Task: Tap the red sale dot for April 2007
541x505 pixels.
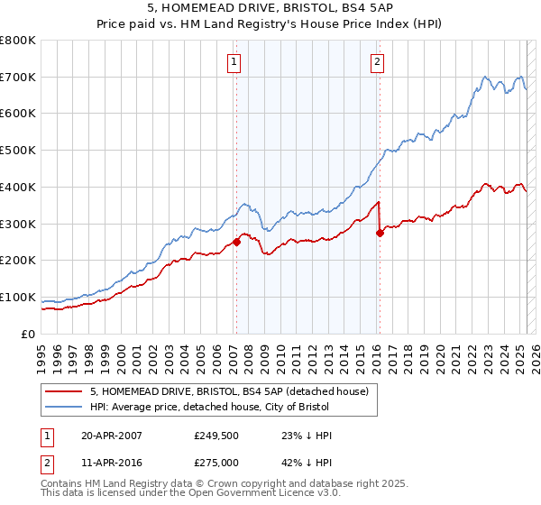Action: tap(236, 242)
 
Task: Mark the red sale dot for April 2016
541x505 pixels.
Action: tap(380, 233)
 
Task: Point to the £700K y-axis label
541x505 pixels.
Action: tap(18, 77)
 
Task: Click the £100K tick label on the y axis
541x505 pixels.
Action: tap(18, 297)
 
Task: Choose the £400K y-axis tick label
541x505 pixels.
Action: tap(18, 187)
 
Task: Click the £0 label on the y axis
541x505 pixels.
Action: tap(29, 334)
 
